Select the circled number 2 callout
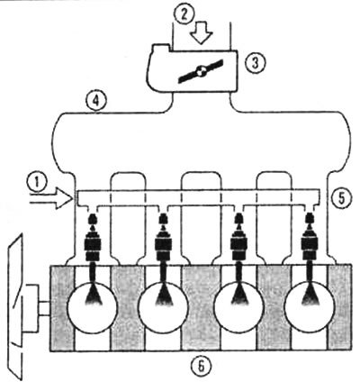pos(184,14)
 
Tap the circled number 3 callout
pos(255,63)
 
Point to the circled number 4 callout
pos(95,101)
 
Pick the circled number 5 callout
pos(340,199)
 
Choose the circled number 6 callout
pos(202,366)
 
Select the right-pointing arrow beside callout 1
pos(51,198)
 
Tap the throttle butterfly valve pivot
pos(200,71)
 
